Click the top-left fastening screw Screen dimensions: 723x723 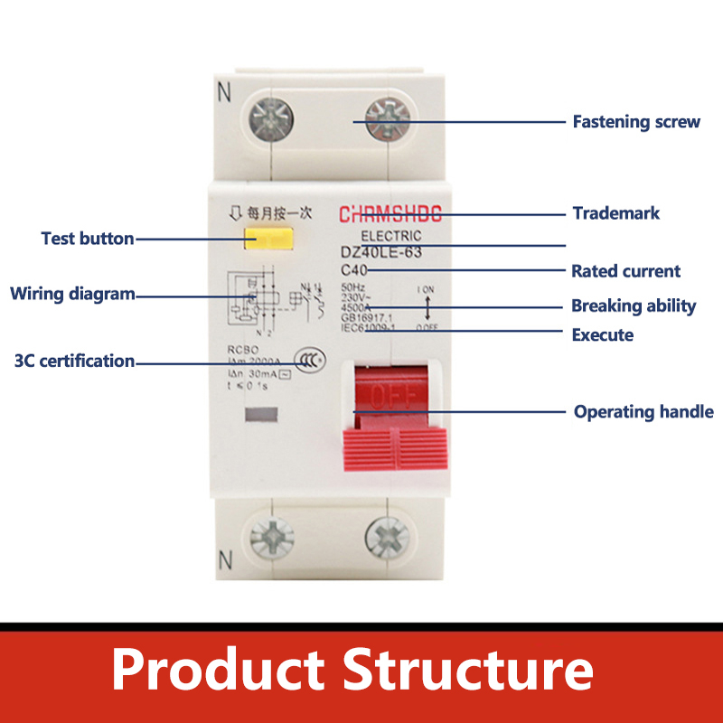point(269,118)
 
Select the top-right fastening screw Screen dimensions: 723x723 point(387,118)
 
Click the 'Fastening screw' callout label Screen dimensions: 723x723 point(636,121)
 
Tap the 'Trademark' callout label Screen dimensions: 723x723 point(616,213)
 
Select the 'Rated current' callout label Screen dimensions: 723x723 point(625,271)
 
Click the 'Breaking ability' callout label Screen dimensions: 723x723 point(634,305)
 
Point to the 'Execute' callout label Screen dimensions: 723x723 point(603,335)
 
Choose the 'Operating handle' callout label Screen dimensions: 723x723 point(643,412)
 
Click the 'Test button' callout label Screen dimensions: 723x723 point(88,239)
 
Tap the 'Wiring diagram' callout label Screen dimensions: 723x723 point(72,294)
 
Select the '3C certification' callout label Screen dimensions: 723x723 point(74,361)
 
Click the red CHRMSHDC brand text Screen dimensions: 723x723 point(390,215)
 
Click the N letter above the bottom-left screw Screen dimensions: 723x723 point(225,560)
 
